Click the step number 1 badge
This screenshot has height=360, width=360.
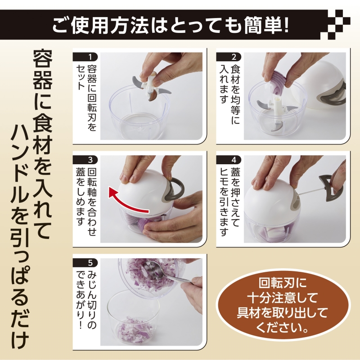[x=85, y=57]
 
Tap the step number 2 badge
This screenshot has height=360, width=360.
[x=229, y=57]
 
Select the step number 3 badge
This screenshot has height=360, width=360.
[x=85, y=160]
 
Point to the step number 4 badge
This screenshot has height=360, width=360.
[x=229, y=160]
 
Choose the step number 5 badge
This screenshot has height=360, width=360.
[x=85, y=263]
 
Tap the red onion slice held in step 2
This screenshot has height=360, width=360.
[x=279, y=82]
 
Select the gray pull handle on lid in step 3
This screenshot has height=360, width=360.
[x=173, y=189]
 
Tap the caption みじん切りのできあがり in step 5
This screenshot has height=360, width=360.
[x=86, y=301]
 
